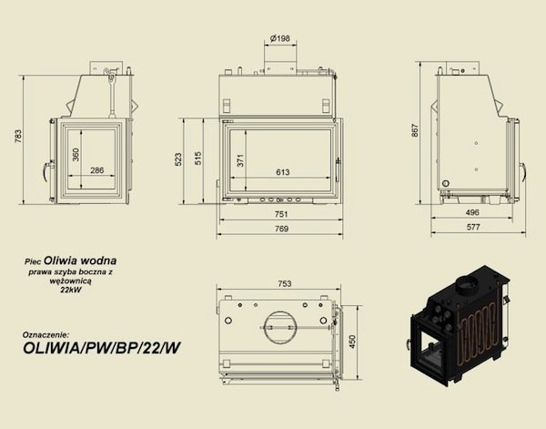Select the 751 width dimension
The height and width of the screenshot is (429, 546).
click(x=282, y=216)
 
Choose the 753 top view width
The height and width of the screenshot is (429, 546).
click(x=284, y=283)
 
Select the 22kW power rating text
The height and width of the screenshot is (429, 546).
click(x=69, y=292)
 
